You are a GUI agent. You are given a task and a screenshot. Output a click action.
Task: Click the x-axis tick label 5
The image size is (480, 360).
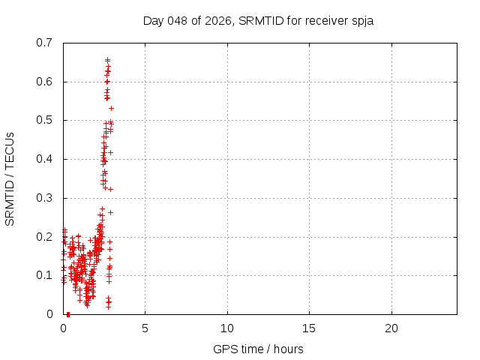(x=145, y=328)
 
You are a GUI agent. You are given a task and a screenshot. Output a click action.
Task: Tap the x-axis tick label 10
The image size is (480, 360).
(x=227, y=328)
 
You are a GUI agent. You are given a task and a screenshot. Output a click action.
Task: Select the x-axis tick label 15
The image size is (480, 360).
(x=309, y=328)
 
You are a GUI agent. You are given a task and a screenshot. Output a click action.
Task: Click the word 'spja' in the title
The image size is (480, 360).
(x=361, y=20)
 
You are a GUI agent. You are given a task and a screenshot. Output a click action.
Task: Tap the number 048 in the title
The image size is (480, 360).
(x=177, y=20)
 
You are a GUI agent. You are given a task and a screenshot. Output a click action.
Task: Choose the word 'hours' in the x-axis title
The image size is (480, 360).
(x=288, y=349)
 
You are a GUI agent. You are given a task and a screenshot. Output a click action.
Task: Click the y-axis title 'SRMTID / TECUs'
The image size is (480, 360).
(x=10, y=178)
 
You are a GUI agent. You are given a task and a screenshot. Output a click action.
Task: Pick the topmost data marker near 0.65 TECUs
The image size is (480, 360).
(x=107, y=59)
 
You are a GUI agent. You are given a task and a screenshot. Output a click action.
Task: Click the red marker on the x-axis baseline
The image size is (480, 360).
(x=68, y=314)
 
